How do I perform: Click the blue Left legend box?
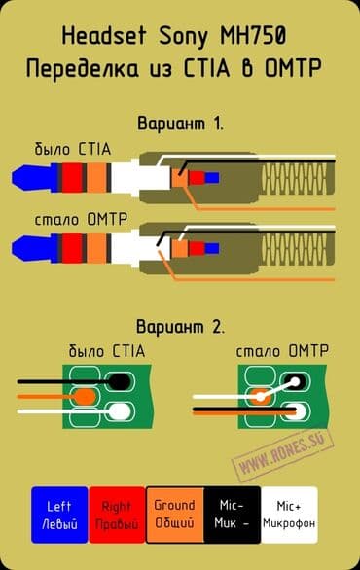pyautogui.click(x=58, y=515)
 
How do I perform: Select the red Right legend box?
pyautogui.click(x=116, y=515)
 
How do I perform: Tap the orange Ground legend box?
pyautogui.click(x=174, y=515)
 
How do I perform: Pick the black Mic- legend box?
pyautogui.click(x=233, y=515)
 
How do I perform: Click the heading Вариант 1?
pyautogui.click(x=180, y=124)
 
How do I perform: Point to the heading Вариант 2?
pyautogui.click(x=180, y=325)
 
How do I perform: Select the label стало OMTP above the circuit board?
pyautogui.click(x=282, y=349)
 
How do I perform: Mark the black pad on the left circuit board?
pyautogui.click(x=120, y=379)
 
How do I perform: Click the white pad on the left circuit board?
pyautogui.click(x=120, y=412)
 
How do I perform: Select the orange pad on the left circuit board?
pyautogui.click(x=86, y=397)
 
